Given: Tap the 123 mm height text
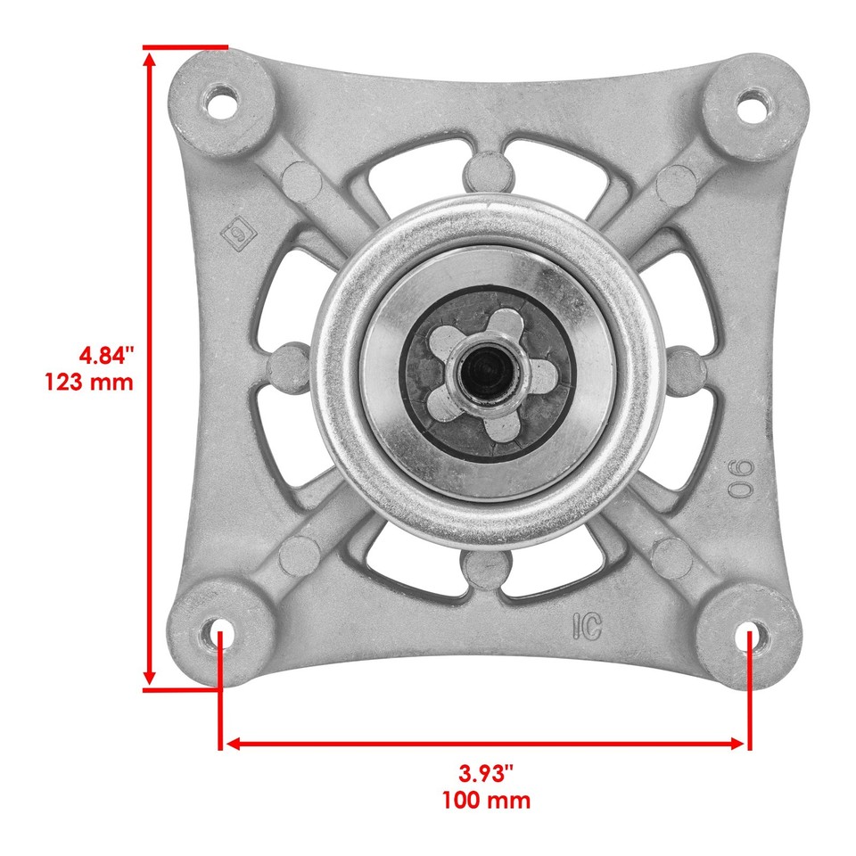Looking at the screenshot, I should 89,383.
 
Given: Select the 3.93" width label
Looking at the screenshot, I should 486,772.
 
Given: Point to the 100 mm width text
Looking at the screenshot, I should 486,799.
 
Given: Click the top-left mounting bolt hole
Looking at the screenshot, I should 217,101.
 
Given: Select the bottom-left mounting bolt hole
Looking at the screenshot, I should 219,636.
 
